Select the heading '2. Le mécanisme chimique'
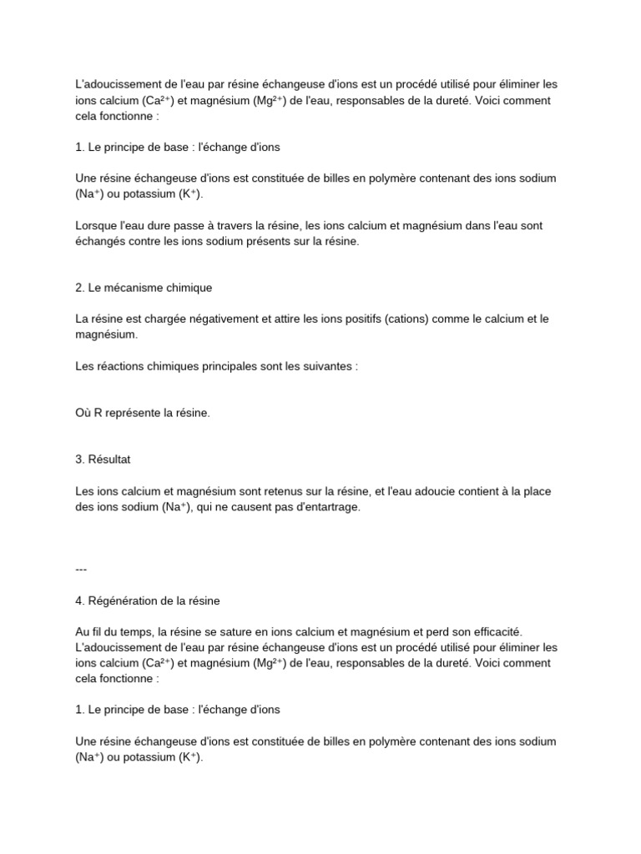144,288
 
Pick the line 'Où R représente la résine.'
142,413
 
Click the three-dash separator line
81,569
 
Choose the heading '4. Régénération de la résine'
147,600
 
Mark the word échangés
103,241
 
